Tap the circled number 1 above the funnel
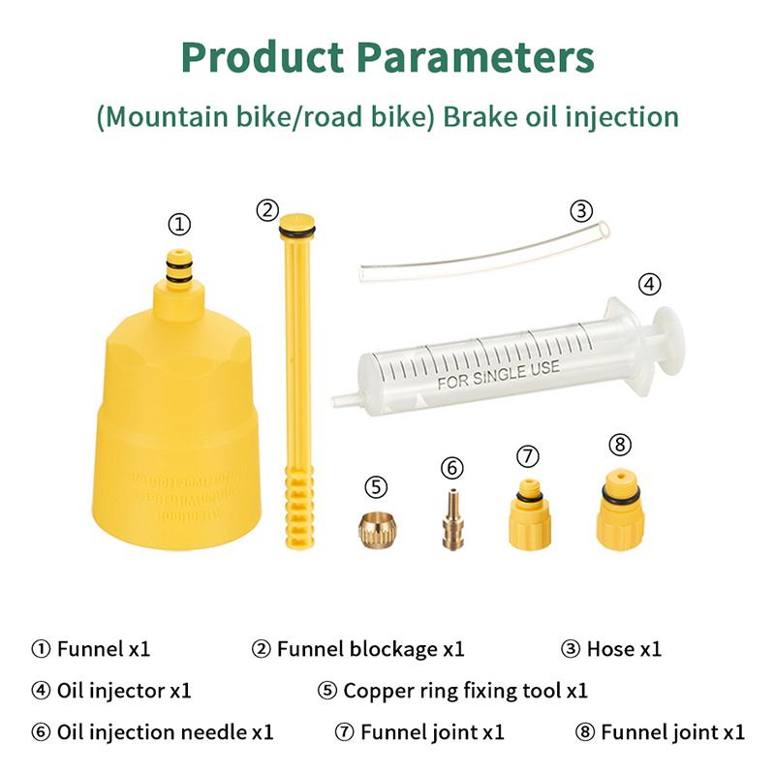pyautogui.click(x=179, y=225)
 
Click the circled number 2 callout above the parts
pyautogui.click(x=267, y=209)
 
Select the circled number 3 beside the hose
pyautogui.click(x=581, y=210)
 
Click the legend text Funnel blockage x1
pyautogui.click(x=370, y=649)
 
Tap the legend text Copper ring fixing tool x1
pyautogui.click(x=465, y=691)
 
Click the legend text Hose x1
pyautogui.click(x=624, y=649)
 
